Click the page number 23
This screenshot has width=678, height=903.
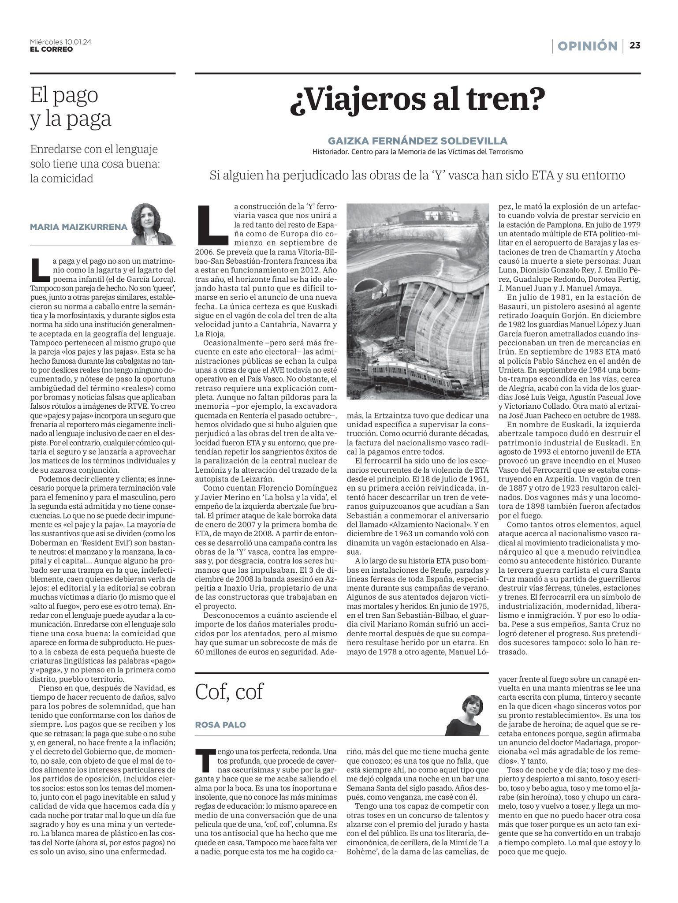pos(635,45)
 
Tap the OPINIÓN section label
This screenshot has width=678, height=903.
pos(587,46)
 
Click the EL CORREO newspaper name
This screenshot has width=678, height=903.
pos(51,49)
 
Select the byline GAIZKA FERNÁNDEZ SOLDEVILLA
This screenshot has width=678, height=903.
pos(417,141)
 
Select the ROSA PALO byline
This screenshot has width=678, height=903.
pos(220,724)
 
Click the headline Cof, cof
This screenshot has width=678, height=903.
pos(229,691)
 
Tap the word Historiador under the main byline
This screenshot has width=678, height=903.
pos(332,152)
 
